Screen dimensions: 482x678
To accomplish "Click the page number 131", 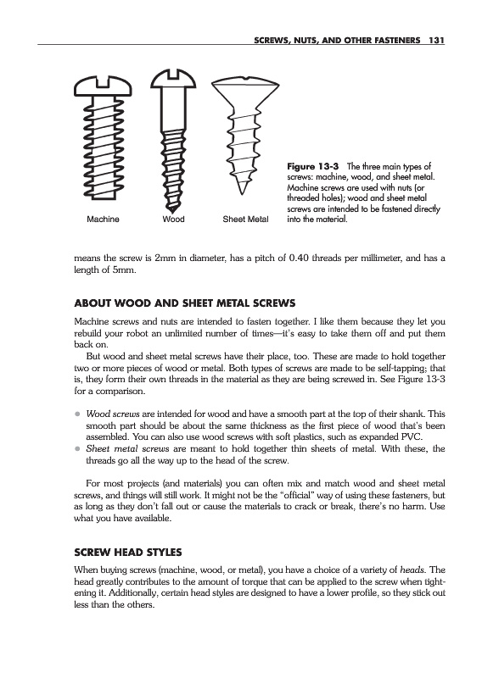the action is [x=436, y=40].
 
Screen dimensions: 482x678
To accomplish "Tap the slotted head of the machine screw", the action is [x=103, y=86].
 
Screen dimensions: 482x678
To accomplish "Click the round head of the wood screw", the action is [x=173, y=78].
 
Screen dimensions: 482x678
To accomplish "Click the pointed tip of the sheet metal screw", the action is [x=242, y=193].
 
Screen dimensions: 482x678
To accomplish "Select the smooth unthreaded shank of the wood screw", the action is [x=173, y=109].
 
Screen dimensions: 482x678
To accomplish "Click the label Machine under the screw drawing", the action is [x=103, y=220].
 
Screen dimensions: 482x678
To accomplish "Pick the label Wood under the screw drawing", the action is [x=173, y=220].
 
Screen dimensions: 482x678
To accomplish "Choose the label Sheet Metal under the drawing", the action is [x=245, y=220].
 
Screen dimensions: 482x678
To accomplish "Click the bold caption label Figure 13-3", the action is [x=313, y=166].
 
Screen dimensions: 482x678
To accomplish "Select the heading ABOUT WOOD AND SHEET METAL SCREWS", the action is [x=185, y=303].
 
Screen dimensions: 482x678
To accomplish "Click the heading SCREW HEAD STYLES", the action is [x=128, y=553].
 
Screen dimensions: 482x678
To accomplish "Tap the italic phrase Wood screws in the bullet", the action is [x=113, y=414].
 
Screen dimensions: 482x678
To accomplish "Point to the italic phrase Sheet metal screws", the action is [x=127, y=448].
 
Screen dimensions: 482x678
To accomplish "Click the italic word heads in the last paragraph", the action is [x=412, y=570].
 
